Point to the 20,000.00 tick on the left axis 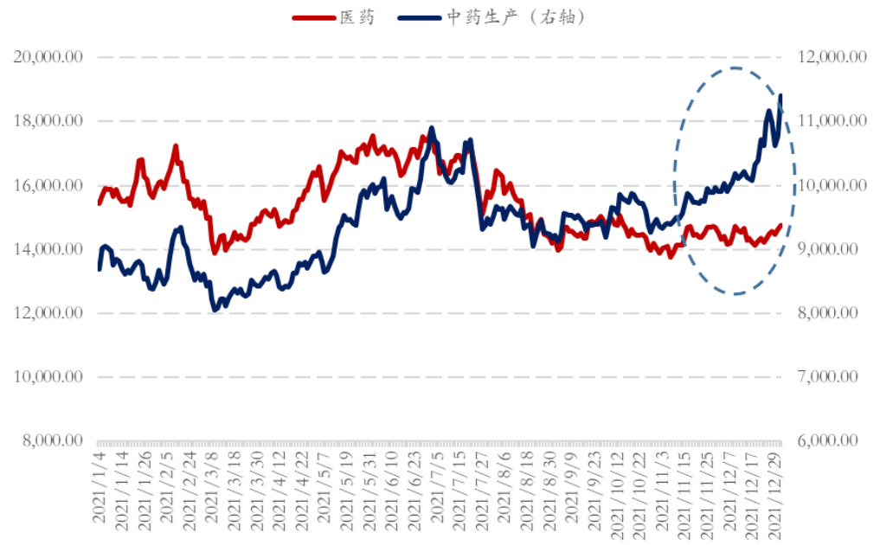point(48,57)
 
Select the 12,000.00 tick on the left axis point(48,313)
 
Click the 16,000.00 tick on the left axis point(48,185)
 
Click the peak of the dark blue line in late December point(780,96)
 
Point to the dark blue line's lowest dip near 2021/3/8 point(214,310)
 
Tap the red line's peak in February point(176,146)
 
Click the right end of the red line point(780,225)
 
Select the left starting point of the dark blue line point(99,269)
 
